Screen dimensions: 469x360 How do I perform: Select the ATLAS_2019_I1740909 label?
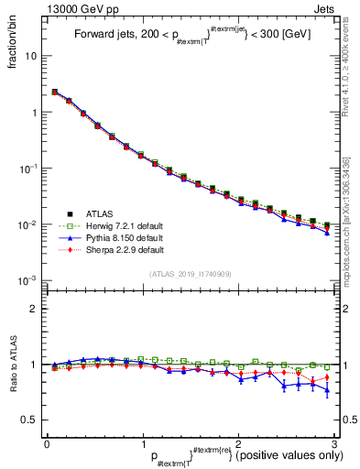191,273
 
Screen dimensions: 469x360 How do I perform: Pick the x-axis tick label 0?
47,444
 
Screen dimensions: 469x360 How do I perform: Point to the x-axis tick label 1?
142,444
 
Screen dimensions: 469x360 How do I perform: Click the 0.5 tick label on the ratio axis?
29,420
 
